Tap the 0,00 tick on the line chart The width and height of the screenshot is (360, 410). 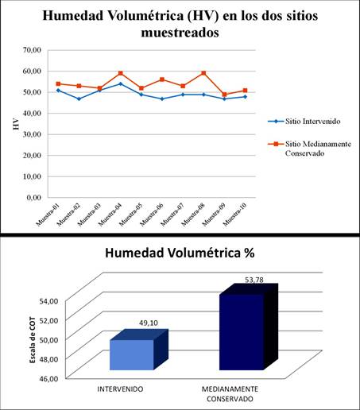pyautogui.click(x=32, y=196)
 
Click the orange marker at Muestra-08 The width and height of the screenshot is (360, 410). pyautogui.click(x=204, y=73)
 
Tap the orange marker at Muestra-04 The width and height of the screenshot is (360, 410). pyautogui.click(x=121, y=73)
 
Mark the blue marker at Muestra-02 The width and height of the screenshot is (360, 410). pyautogui.click(x=79, y=99)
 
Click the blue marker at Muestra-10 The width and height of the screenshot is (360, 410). pyautogui.click(x=246, y=96)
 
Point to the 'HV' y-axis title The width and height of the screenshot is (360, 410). pyautogui.click(x=16, y=125)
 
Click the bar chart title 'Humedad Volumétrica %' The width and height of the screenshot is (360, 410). pyautogui.click(x=180, y=254)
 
